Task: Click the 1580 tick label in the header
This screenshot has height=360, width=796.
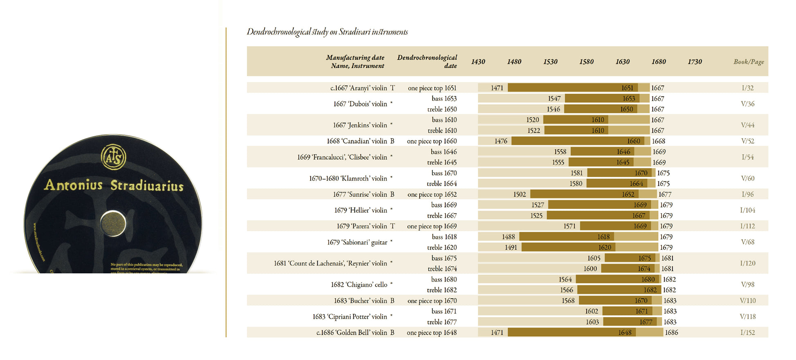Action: coord(586,62)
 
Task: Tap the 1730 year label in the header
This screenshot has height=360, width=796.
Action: coord(695,62)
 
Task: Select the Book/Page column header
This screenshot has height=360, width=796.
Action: coord(749,62)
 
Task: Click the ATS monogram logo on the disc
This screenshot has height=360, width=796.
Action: coord(113,157)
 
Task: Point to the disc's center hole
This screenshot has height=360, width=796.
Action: coord(113,223)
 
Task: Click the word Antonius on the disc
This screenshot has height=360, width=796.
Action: coord(74,185)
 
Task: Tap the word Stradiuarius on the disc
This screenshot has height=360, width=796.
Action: coord(147,186)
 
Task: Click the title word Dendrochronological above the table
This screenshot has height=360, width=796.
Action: coord(279,32)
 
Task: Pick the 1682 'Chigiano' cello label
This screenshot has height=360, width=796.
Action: coord(359,285)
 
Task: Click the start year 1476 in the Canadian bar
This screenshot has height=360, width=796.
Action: coord(501,141)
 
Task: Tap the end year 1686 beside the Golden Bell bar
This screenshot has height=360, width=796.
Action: coord(671,333)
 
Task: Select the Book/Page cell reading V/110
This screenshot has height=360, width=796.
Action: coord(748,301)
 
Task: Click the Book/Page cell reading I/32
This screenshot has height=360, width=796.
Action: coord(748,88)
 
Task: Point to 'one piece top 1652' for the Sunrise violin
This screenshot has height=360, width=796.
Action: coord(432,194)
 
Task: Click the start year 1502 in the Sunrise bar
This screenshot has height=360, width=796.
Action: coord(519,194)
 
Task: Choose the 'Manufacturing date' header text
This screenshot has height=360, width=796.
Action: coord(355,58)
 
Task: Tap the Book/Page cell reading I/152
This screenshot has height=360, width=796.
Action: coord(748,333)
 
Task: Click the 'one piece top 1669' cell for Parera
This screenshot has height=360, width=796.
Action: coord(432,226)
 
